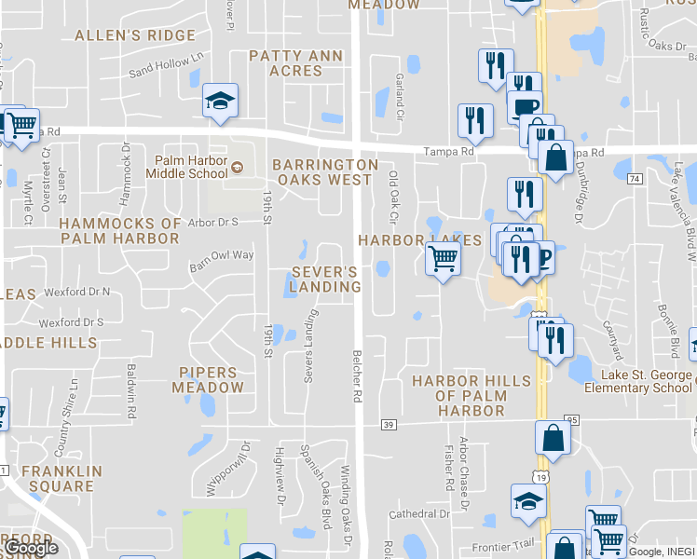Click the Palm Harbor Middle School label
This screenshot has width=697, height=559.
191,166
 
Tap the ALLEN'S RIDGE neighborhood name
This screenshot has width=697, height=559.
135,35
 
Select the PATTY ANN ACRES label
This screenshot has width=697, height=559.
295,63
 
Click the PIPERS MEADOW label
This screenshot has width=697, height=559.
212,380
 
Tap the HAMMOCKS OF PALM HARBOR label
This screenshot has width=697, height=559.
119,231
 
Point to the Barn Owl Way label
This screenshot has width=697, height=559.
222,255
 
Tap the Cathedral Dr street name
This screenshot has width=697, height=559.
419,513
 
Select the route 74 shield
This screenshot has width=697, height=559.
635,178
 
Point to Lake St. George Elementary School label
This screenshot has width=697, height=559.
646,382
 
